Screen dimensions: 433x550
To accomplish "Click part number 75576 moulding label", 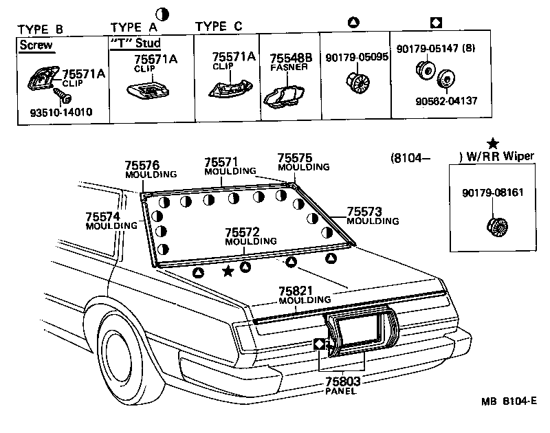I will [142, 166].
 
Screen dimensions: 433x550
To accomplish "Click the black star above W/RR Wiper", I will [492, 144].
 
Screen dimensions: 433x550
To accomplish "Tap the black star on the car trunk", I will [228, 272].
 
